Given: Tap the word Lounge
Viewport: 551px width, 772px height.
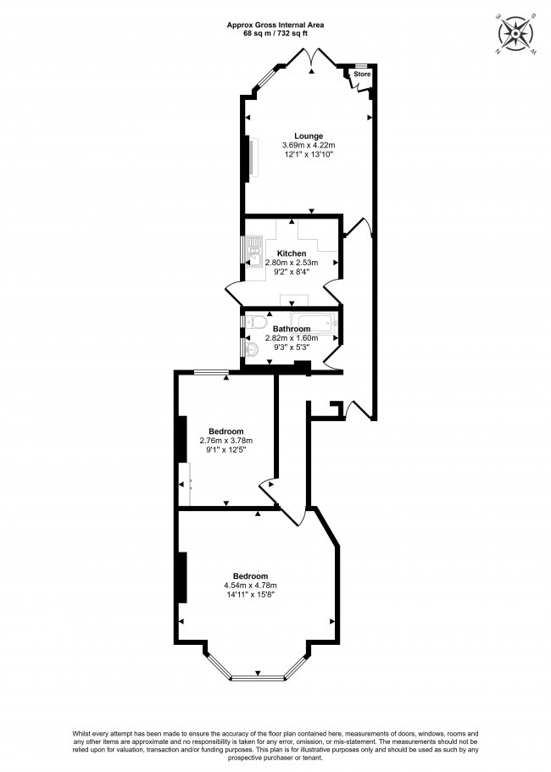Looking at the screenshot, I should pyautogui.click(x=309, y=136).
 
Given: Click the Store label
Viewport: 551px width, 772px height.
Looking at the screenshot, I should pyautogui.click(x=362, y=75).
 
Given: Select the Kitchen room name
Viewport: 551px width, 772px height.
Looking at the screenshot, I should pyautogui.click(x=292, y=253).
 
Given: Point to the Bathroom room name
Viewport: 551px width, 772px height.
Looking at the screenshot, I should pyautogui.click(x=292, y=329).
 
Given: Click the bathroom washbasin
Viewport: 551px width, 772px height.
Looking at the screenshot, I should pyautogui.click(x=252, y=349).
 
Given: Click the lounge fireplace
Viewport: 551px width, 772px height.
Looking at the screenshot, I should pyautogui.click(x=249, y=158).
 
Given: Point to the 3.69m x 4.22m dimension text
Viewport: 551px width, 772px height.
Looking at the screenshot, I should pyautogui.click(x=309, y=146).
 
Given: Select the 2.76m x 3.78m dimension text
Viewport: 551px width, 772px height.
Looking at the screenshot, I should pyautogui.click(x=226, y=441).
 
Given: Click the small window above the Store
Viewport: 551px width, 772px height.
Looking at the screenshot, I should pyautogui.click(x=361, y=66).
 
